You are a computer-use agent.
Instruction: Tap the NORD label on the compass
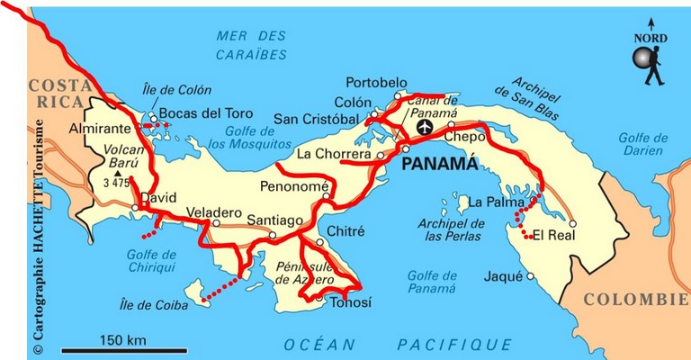tap(650, 38)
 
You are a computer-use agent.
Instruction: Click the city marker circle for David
tap(135, 208)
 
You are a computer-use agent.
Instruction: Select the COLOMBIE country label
tap(633, 300)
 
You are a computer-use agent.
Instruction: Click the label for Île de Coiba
tap(154, 306)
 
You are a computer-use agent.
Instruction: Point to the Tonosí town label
tap(350, 302)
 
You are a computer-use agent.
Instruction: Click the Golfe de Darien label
tap(642, 144)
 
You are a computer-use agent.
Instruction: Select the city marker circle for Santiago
tap(273, 236)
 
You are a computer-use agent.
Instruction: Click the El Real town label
tap(552, 236)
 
